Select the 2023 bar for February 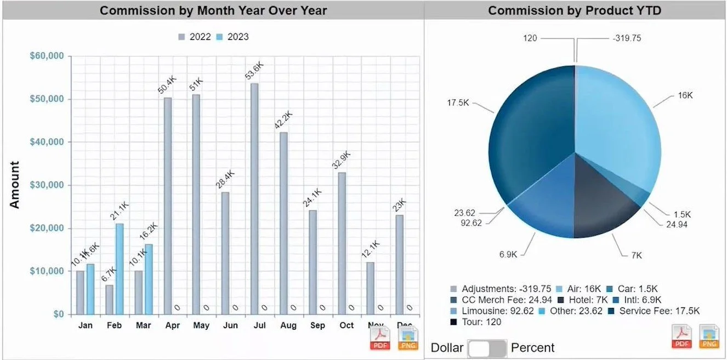pyautogui.click(x=120, y=268)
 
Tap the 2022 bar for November pyautogui.click(x=371, y=288)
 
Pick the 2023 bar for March pyautogui.click(x=149, y=279)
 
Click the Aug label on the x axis pyautogui.click(x=288, y=325)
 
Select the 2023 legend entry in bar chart pyautogui.click(x=232, y=37)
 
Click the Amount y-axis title pyautogui.click(x=15, y=185)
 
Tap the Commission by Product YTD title pyautogui.click(x=575, y=10)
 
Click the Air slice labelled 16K pyautogui.click(x=614, y=126)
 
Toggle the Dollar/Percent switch pyautogui.click(x=487, y=348)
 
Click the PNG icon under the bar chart pyautogui.click(x=408, y=338)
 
